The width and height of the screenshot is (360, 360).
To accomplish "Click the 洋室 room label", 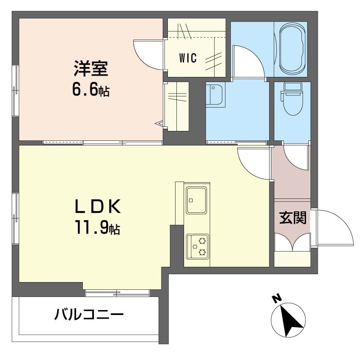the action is pyautogui.click(x=91, y=68).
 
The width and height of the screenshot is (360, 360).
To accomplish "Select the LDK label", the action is pyautogui.click(x=97, y=207).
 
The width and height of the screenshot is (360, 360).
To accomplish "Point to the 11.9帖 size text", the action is pyautogui.click(x=97, y=227).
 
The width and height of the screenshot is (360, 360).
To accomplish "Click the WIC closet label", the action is pyautogui.click(x=188, y=58).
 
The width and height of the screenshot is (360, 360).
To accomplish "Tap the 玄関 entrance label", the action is pyautogui.click(x=293, y=218).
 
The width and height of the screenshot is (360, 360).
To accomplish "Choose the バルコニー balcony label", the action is pyautogui.click(x=89, y=314).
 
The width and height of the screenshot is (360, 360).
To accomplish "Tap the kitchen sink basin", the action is pyautogui.click(x=197, y=200).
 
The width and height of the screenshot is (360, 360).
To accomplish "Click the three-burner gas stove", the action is pyautogui.click(x=198, y=247).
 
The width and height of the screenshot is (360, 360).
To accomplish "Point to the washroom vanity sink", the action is pyautogui.click(x=214, y=94).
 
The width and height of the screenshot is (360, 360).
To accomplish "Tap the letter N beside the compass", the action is pyautogui.click(x=277, y=298).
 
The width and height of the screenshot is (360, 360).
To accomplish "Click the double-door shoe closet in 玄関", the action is pyautogui.click(x=292, y=242).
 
